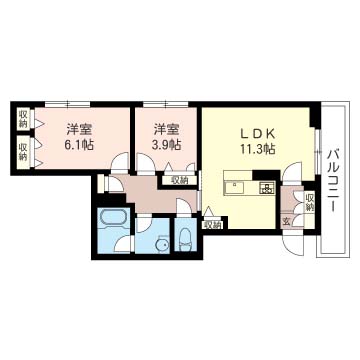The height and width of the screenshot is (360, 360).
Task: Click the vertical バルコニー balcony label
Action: coord(333,174)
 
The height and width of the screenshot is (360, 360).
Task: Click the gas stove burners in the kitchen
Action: coord(266,187)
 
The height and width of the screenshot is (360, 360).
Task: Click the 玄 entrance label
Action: coord(287,221)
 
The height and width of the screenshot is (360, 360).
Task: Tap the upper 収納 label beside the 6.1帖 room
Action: coord(22,121)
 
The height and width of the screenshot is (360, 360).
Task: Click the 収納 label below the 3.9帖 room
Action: coord(179,181)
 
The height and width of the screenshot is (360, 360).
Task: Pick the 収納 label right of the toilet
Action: coord(210,225)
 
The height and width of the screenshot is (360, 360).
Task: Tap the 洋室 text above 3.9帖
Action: coord(166,129)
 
